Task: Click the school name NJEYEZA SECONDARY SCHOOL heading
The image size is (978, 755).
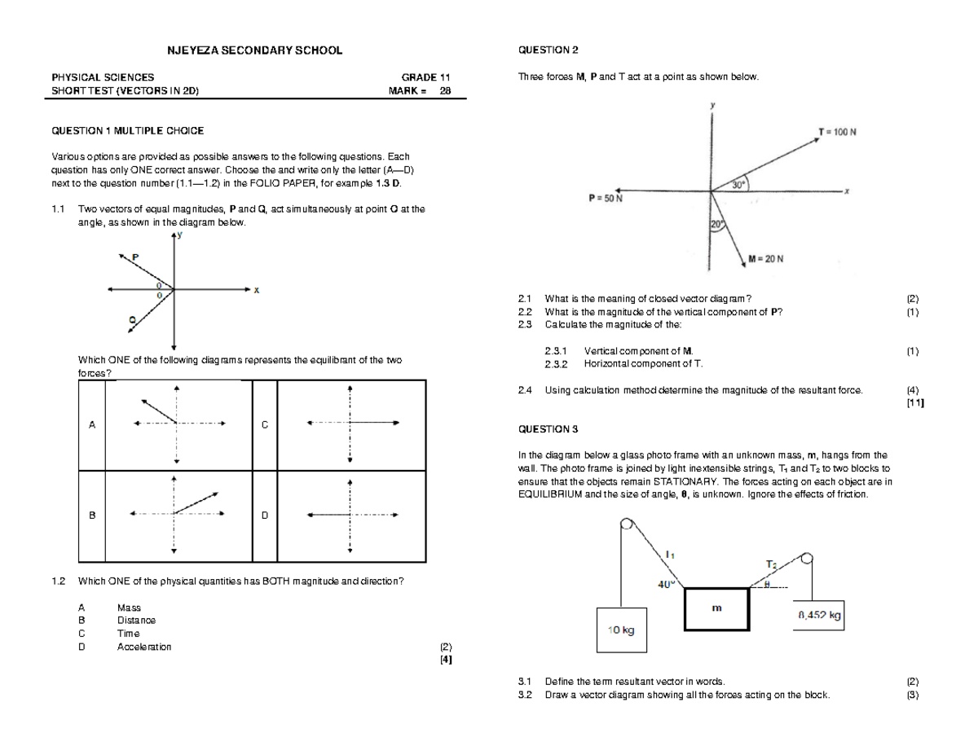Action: [x=254, y=50]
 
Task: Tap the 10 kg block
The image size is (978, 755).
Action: [x=621, y=630]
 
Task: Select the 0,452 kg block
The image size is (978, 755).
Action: [x=818, y=616]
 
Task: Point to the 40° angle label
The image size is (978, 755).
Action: [x=666, y=584]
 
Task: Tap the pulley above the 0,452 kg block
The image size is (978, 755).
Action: [x=806, y=559]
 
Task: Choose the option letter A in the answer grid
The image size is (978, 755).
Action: [x=92, y=425]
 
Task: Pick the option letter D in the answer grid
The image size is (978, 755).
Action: [x=264, y=516]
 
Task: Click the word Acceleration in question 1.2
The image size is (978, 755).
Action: [x=144, y=647]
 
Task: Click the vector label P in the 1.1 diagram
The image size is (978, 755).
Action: [x=135, y=257]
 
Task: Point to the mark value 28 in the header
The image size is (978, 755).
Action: [x=445, y=90]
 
